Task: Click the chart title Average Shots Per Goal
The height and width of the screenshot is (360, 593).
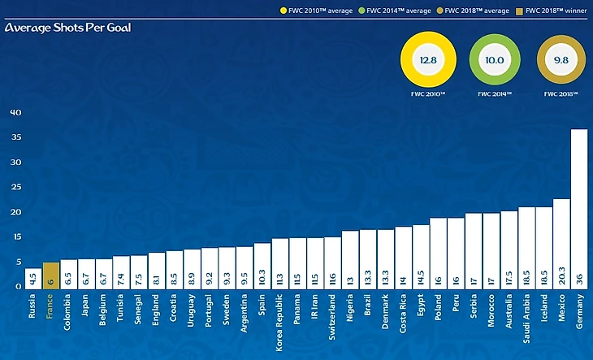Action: (67, 28)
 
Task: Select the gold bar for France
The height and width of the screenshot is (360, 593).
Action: (50, 274)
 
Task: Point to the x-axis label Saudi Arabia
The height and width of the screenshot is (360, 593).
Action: (526, 319)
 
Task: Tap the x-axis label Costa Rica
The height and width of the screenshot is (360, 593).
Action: (403, 316)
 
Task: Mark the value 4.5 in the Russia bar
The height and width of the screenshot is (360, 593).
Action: (32, 278)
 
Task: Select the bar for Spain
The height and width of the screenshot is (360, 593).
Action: (262, 264)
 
